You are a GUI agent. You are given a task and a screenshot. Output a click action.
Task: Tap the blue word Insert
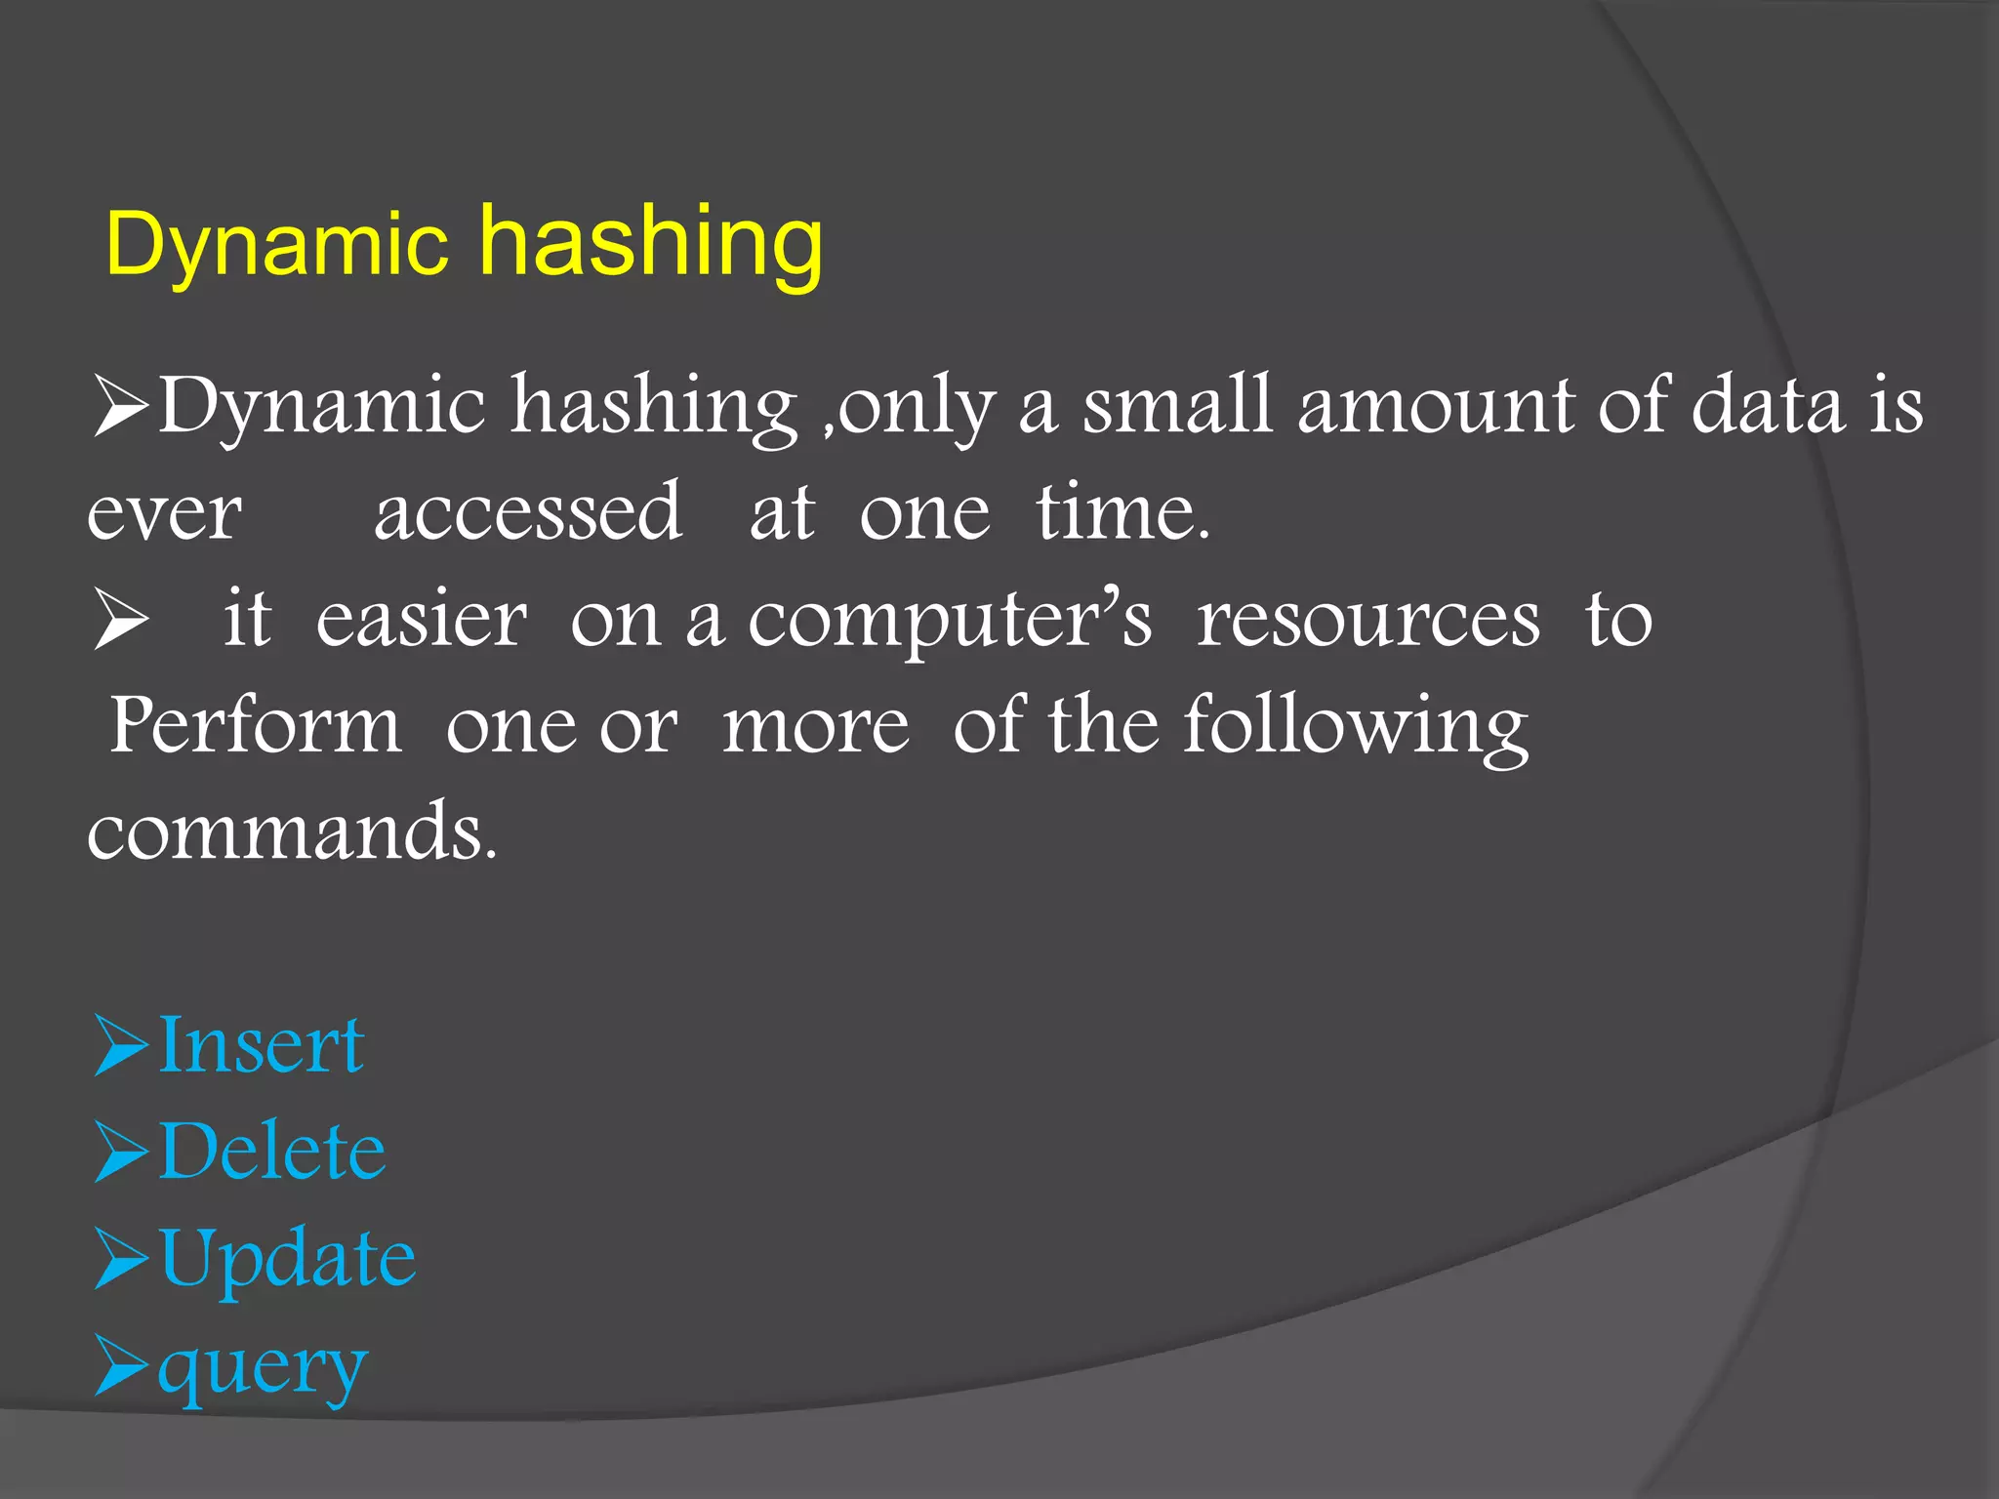coord(262,1045)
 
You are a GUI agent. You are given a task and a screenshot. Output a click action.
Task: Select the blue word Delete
coord(272,1152)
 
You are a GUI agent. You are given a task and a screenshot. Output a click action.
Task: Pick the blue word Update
coord(287,1258)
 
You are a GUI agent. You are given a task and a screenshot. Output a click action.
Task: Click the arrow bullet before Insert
coord(121,1045)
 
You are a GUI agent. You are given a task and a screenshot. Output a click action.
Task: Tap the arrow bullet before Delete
coord(121,1152)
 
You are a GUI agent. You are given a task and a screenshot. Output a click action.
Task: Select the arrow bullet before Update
coord(121,1259)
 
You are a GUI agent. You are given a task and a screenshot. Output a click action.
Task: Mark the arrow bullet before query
coord(121,1366)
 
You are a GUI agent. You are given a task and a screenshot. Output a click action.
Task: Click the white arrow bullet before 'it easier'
coord(121,621)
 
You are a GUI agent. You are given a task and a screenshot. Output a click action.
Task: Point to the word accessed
coord(527,513)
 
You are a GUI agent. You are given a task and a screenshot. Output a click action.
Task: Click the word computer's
coord(950,621)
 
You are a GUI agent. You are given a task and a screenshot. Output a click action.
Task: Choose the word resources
coord(1368,621)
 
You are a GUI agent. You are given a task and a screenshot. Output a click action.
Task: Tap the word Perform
coord(256,726)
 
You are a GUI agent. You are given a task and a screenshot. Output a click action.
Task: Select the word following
coord(1356,728)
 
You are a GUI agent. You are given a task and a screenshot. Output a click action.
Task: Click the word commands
coord(293,832)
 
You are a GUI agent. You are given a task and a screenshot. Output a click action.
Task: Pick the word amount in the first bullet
coord(1435,406)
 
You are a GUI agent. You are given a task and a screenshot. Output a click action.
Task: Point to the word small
coord(1177,406)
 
